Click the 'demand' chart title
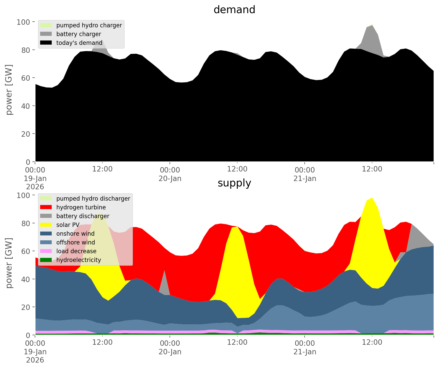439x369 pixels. [x=234, y=10]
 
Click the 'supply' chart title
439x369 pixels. [x=234, y=183]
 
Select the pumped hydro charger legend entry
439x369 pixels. [x=89, y=25]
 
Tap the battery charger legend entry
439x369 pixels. [x=78, y=34]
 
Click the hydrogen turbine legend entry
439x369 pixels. [x=81, y=207]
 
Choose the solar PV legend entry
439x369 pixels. [x=68, y=225]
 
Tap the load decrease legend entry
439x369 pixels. [x=76, y=251]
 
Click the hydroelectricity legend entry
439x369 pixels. [x=78, y=260]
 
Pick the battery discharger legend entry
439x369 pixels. [x=83, y=216]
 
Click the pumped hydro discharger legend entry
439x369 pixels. [x=93, y=199]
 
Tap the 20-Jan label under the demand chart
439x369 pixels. [x=170, y=178]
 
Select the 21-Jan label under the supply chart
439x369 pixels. [x=305, y=352]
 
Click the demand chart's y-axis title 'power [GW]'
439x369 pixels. [x=9, y=90]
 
